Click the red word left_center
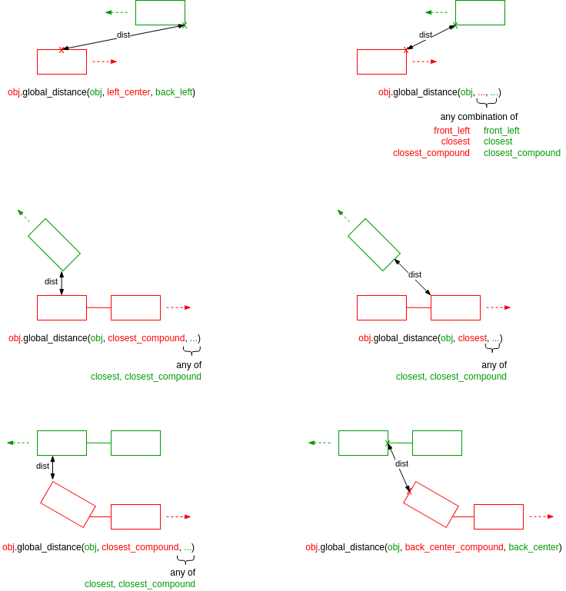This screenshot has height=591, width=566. [128, 92]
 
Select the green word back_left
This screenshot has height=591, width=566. [174, 92]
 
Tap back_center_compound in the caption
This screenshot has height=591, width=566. [454, 547]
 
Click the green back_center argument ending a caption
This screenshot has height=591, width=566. [534, 547]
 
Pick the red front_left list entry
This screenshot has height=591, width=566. [451, 131]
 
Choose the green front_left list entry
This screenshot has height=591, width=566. [501, 131]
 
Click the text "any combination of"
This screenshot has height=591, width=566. [478, 117]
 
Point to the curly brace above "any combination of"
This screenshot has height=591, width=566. [486, 102]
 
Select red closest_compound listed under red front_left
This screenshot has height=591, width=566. [431, 153]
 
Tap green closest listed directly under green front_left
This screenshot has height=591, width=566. [498, 141]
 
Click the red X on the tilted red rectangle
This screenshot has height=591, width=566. [409, 490]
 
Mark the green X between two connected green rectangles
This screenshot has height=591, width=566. [388, 443]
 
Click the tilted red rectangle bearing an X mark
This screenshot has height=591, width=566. [431, 505]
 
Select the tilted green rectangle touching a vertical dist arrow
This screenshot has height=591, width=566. [54, 244]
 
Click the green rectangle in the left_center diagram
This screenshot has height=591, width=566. [160, 12]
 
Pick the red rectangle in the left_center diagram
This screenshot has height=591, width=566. [62, 62]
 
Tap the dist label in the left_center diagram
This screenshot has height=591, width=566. [123, 35]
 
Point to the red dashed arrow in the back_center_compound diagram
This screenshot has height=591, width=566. [541, 516]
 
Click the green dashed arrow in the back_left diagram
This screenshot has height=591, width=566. [117, 12]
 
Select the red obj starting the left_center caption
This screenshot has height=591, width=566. [14, 92]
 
